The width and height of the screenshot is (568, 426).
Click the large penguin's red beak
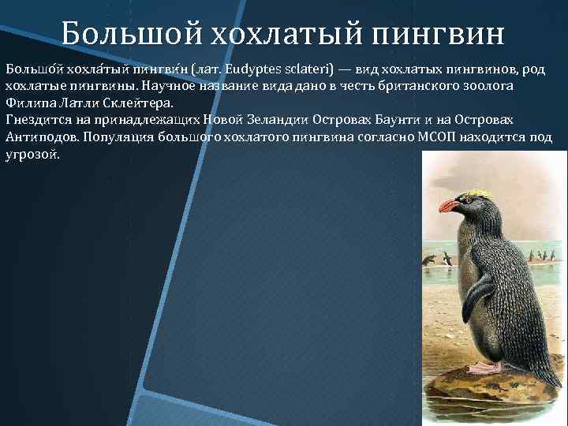tap(449, 207)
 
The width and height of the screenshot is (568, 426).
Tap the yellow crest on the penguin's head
tap(476, 194)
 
